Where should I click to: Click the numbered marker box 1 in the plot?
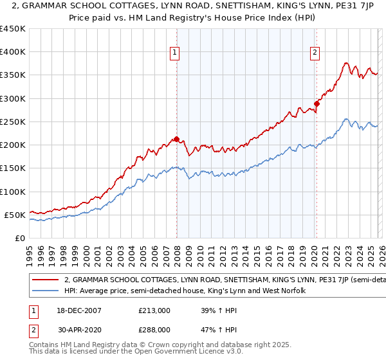(175, 53)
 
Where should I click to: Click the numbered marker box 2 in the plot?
(315, 53)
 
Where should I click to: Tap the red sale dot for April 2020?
(317, 104)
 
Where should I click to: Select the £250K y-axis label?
(13, 122)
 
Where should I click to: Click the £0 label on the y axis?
(19, 238)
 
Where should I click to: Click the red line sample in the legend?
(45, 280)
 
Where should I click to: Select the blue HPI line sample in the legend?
(45, 291)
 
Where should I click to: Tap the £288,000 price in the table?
(154, 329)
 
